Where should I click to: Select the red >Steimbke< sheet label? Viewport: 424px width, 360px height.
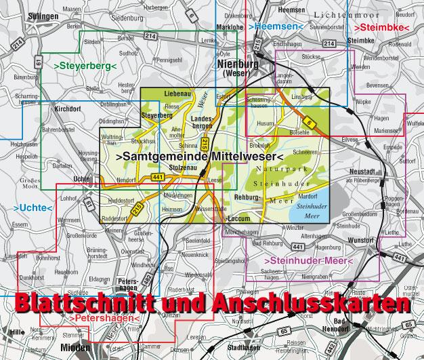click(x=381, y=28)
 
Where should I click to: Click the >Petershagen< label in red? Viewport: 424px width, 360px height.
click(x=105, y=317)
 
